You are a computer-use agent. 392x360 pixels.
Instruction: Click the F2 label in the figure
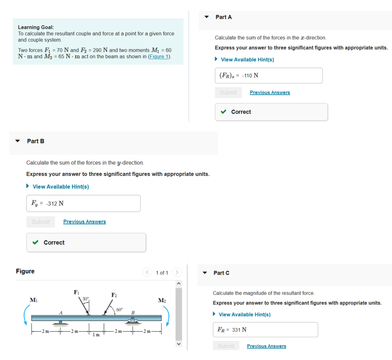coord(114,296)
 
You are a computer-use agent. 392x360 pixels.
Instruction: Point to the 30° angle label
coord(85,298)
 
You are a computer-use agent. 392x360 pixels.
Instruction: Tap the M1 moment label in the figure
coord(33,300)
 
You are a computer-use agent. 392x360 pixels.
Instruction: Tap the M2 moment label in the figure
coord(162,300)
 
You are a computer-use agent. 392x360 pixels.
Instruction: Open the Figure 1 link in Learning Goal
coord(159,57)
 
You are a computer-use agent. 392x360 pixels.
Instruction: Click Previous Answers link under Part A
coord(270,92)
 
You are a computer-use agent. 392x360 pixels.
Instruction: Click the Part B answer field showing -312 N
coord(83,203)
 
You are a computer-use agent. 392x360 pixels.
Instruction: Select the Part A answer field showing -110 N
coord(269,76)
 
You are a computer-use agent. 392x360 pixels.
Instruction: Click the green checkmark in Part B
coord(35,242)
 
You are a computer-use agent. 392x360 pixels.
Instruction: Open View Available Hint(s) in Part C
coord(244,315)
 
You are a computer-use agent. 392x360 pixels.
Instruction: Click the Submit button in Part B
coord(40,222)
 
